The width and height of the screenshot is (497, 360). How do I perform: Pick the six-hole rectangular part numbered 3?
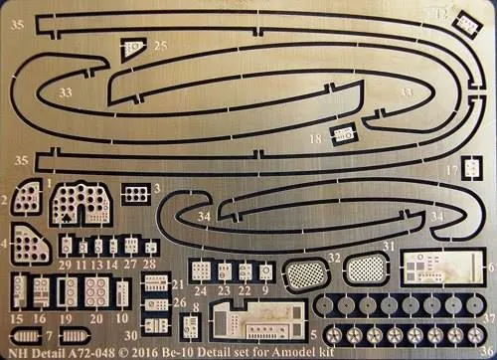click(136, 196)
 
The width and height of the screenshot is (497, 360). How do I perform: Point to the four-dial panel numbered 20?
click(95, 292)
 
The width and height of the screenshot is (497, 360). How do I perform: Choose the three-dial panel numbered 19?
click(68, 292)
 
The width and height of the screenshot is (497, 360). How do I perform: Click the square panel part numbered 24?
click(202, 270)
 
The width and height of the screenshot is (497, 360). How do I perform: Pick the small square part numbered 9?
click(265, 270)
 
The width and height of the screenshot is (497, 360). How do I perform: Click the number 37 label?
click(489, 318)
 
